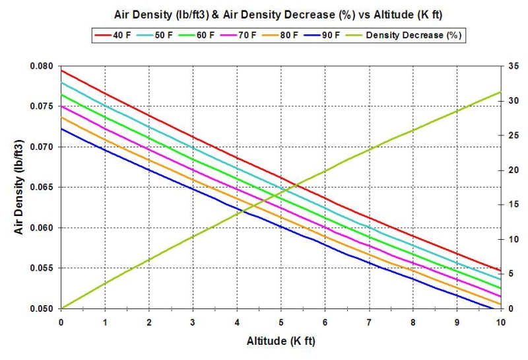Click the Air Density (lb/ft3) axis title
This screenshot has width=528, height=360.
pyautogui.click(x=19, y=187)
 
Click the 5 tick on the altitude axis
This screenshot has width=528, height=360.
pyautogui.click(x=281, y=322)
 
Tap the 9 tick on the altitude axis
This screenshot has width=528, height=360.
pyautogui.click(x=457, y=322)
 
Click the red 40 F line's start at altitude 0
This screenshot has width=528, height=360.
pyautogui.click(x=61, y=70)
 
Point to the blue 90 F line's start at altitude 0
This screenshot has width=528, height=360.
pyautogui.click(x=61, y=128)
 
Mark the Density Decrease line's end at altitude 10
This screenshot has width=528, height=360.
pyautogui.click(x=500, y=92)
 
